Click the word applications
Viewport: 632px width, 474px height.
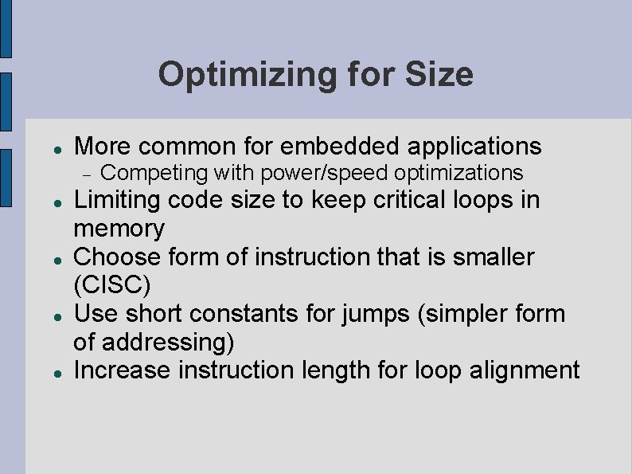tap(475, 147)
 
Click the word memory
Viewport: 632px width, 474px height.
tap(119, 229)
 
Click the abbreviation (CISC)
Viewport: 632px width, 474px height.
tap(111, 285)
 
